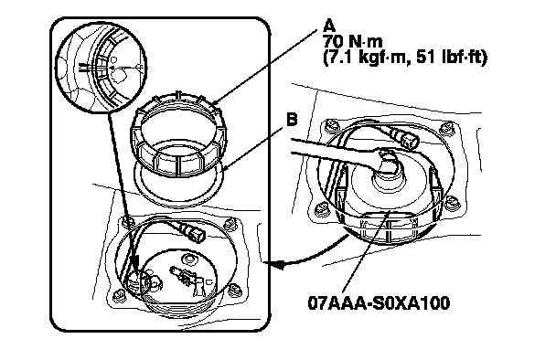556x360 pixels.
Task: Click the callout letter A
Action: [330, 26]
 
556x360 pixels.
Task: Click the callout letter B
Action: [291, 120]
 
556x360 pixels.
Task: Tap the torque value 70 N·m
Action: [353, 42]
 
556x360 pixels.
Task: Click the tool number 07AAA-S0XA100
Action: [379, 303]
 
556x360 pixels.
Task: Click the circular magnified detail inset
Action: [101, 68]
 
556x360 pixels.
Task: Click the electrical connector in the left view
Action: [192, 232]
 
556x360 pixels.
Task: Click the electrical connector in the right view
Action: [405, 138]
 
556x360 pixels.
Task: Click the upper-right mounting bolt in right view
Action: [445, 128]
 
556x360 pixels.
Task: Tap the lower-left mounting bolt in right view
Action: [321, 209]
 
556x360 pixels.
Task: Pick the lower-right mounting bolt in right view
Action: [452, 202]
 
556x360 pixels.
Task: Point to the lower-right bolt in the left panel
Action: [234, 289]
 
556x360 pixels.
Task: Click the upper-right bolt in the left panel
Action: [230, 224]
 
